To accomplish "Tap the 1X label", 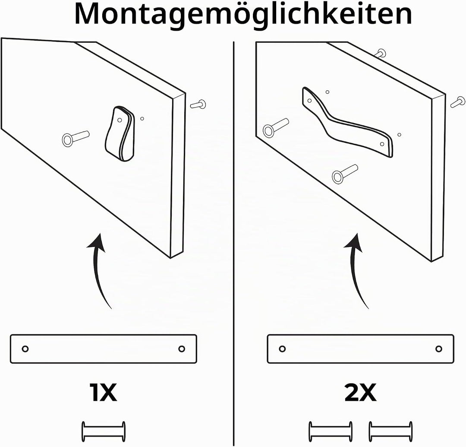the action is (103, 393).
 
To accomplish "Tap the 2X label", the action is (360, 393).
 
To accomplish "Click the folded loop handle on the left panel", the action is (120, 134).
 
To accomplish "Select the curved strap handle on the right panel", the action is (347, 122).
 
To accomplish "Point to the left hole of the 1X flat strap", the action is (25, 349).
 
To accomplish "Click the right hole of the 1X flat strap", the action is (182, 349).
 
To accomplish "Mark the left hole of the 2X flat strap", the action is (282, 349).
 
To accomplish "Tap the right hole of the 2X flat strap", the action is (439, 349).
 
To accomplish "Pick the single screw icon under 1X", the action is (103, 431).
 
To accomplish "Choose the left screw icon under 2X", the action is (331, 431).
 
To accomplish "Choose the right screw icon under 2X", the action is (390, 431).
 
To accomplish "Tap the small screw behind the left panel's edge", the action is (198, 104).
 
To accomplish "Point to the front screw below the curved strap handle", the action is (345, 174).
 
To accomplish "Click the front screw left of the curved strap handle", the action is (276, 127).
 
